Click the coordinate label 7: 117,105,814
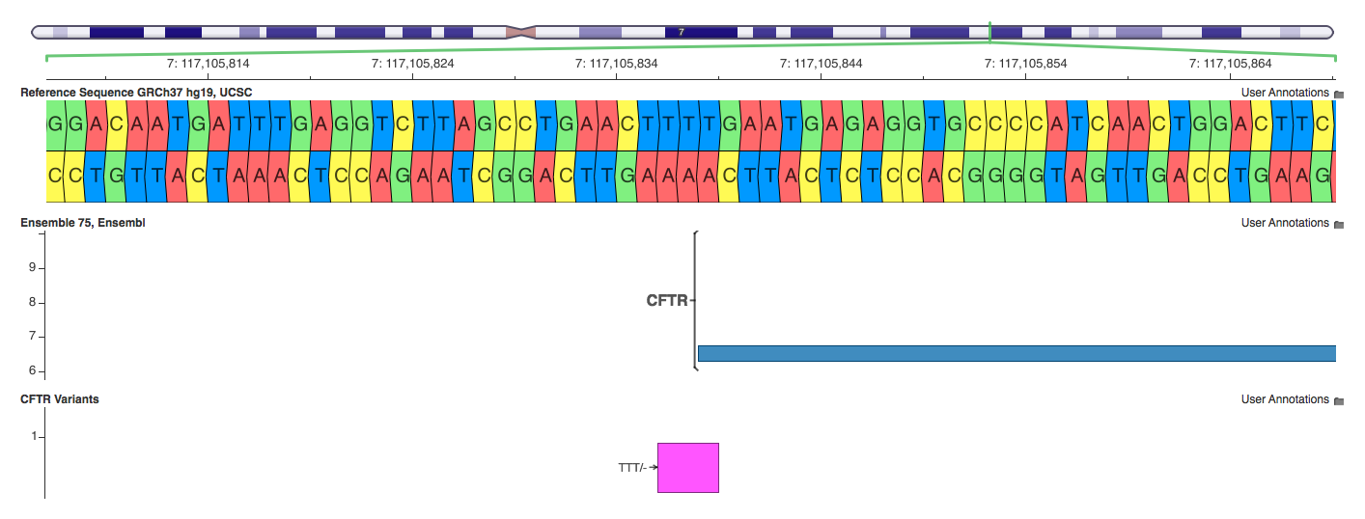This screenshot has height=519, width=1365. point(208,64)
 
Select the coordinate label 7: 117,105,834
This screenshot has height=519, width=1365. point(616,64)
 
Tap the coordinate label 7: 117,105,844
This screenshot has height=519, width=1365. point(821,64)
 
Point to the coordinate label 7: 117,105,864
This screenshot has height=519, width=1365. point(1230,64)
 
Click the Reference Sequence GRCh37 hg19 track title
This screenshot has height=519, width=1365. point(136,93)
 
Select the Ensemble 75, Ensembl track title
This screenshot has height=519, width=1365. point(83,223)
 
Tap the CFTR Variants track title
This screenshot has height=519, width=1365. point(60,399)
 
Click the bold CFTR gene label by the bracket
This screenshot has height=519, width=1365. point(667,301)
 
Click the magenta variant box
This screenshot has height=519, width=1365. point(688,468)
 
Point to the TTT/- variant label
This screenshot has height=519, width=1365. point(632,468)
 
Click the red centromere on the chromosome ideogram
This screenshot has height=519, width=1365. point(519,32)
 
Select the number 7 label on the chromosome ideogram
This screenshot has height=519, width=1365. point(682,32)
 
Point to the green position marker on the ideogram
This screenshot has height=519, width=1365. point(989,31)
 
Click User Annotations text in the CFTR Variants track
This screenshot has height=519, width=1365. point(1284,399)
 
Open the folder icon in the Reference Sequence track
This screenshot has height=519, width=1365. point(1338,94)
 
